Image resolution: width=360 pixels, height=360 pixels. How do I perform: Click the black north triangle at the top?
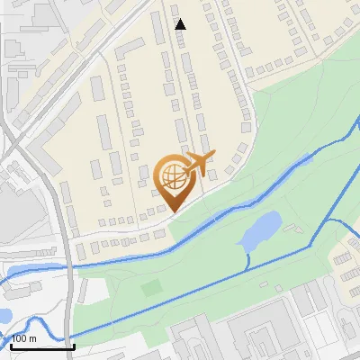click(180, 24)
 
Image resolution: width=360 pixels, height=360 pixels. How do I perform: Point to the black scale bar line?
click(42, 346)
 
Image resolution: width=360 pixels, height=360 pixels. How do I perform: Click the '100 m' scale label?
click(24, 337)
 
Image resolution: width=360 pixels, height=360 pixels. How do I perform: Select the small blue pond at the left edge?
click(4, 316)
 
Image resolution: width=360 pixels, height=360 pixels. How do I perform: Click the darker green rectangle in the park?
click(151, 288)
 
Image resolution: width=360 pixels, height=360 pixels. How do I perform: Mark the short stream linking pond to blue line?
click(248, 259)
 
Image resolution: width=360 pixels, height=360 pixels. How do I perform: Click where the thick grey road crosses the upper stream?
click(71, 264)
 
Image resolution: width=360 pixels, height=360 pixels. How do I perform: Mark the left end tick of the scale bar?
click(11, 344)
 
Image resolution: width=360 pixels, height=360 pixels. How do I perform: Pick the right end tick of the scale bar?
click(74, 344)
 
